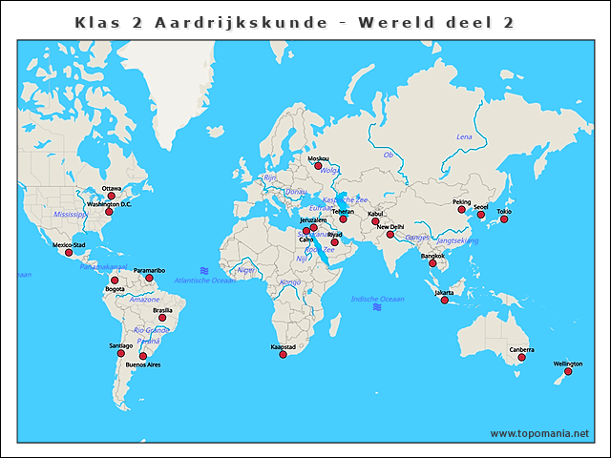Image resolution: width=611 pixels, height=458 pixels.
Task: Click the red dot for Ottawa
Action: coord(111,197)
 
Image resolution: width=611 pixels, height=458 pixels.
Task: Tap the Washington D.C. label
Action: coord(109,204)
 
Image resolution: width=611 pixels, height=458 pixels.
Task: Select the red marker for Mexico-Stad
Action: coord(68,253)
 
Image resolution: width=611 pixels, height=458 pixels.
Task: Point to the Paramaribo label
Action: coord(150,270)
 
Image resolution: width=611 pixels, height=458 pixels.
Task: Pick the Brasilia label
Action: coord(162,310)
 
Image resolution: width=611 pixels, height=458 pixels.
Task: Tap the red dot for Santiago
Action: coord(121,353)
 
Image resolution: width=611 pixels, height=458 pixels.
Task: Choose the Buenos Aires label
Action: coord(142,364)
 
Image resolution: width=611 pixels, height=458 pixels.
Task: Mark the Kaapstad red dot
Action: coord(283,355)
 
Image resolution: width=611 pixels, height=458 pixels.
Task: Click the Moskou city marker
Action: coord(318,166)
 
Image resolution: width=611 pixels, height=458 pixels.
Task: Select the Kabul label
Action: coord(375,214)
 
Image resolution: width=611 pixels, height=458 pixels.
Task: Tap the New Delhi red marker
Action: coord(390,234)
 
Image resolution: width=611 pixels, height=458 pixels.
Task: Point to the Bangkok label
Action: coord(432,256)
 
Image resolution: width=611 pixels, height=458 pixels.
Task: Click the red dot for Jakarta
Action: coord(444,301)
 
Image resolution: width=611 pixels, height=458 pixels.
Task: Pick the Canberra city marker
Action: coord(521,357)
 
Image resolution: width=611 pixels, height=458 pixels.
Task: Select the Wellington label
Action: coord(568,364)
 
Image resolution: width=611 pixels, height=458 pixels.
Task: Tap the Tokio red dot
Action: coord(504,219)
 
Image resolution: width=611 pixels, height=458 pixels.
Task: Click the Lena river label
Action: coord(464,136)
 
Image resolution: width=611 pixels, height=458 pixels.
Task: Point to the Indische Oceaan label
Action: coord(378,299)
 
